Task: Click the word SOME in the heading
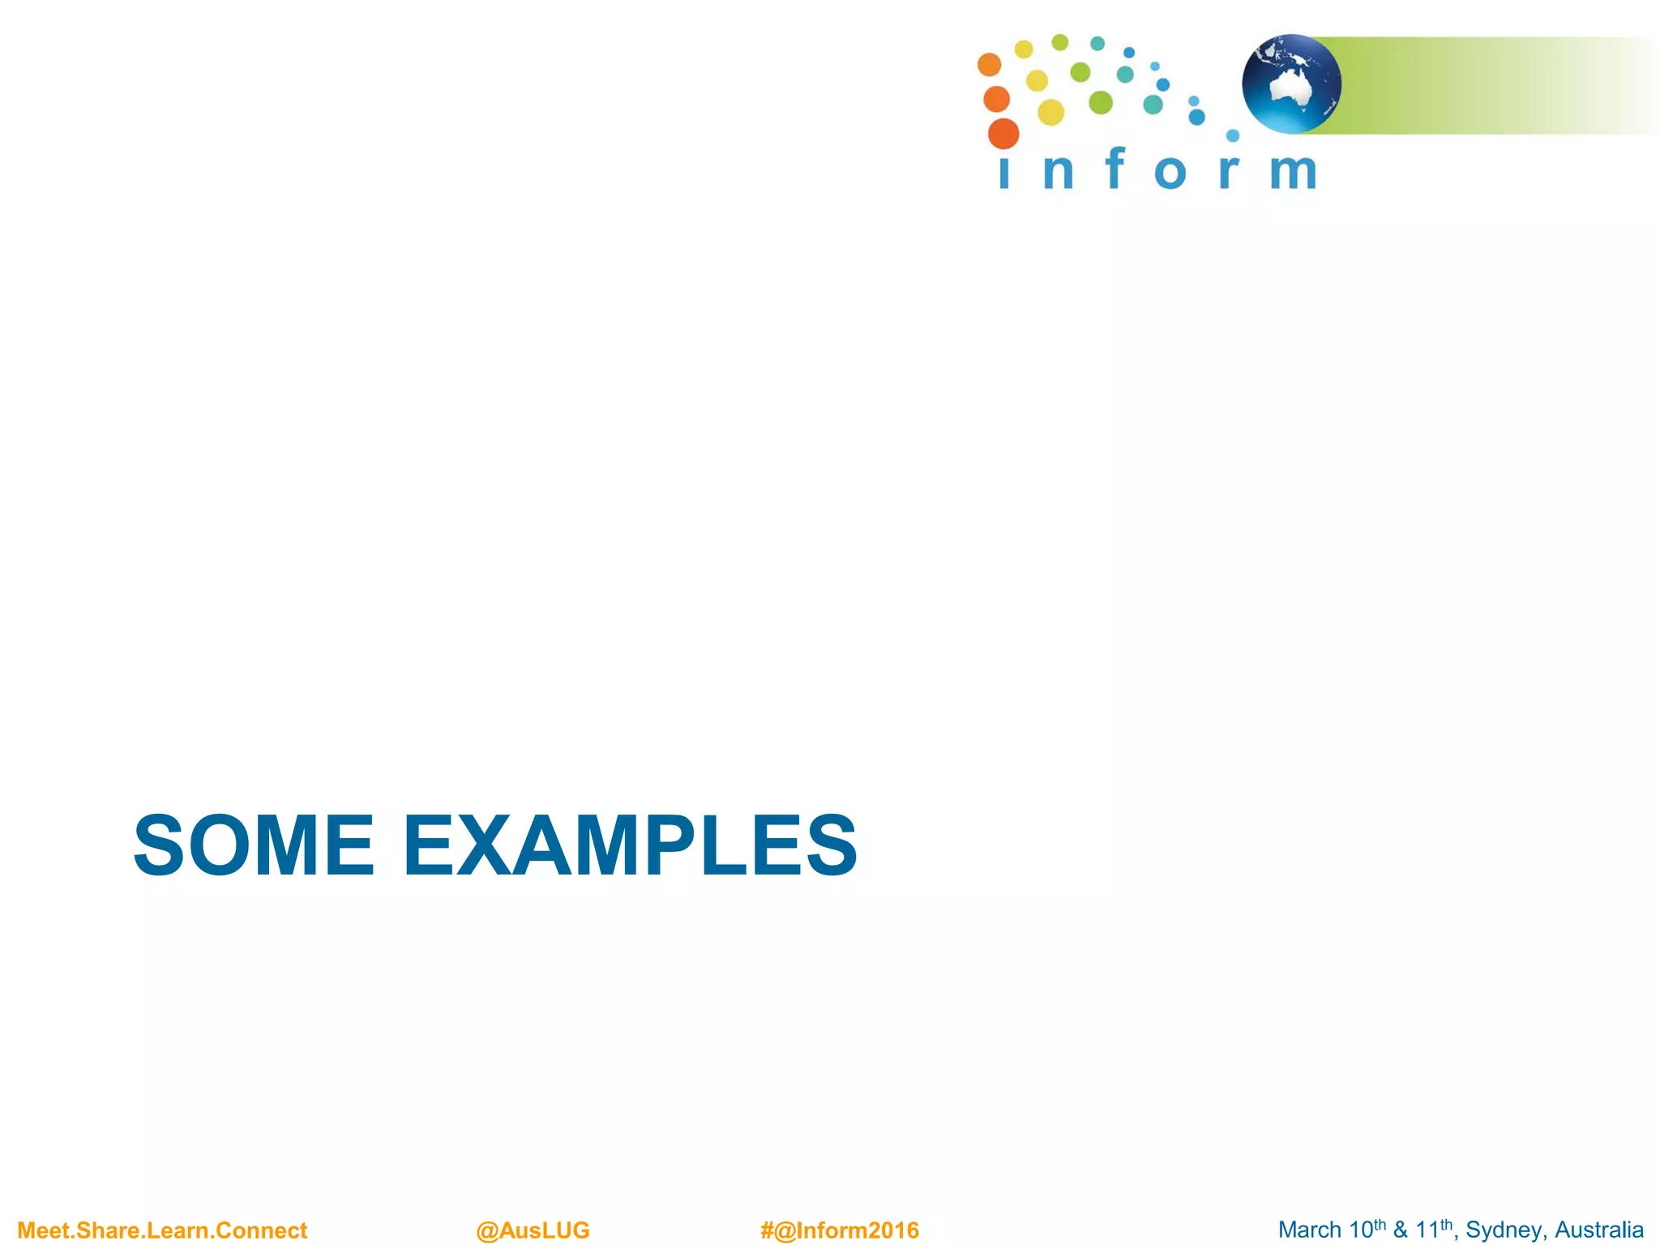click(x=254, y=846)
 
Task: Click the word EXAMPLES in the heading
click(x=630, y=846)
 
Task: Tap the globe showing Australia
click(x=1291, y=83)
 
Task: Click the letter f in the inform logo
click(x=1116, y=169)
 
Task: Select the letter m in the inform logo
click(x=1293, y=172)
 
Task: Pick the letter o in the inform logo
click(x=1170, y=173)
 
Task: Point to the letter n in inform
click(x=1059, y=172)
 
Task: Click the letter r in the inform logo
click(x=1229, y=172)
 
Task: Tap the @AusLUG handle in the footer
click(x=533, y=1230)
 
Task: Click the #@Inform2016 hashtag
click(x=840, y=1230)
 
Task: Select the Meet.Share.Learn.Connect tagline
click(x=162, y=1230)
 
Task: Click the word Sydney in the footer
click(x=1504, y=1230)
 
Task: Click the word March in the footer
click(x=1309, y=1230)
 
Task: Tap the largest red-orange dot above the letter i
click(x=1003, y=134)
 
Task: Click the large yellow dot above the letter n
click(x=1050, y=113)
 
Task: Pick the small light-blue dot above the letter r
click(x=1233, y=135)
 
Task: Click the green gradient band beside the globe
click(x=1475, y=85)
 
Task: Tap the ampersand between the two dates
click(x=1401, y=1230)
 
